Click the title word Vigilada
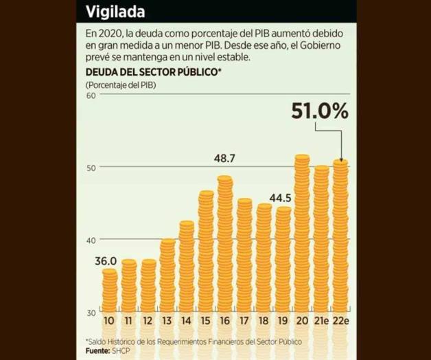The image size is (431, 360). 115,12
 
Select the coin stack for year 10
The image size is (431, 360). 109,290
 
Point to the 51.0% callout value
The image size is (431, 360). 319,111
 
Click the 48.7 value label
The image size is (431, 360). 224,159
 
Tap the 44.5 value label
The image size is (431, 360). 281,198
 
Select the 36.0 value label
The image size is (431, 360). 105,261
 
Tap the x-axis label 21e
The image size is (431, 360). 321,322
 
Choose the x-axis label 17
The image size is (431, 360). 244,322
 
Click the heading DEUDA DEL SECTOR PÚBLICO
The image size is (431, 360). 153,71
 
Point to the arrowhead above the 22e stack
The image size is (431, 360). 341,158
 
